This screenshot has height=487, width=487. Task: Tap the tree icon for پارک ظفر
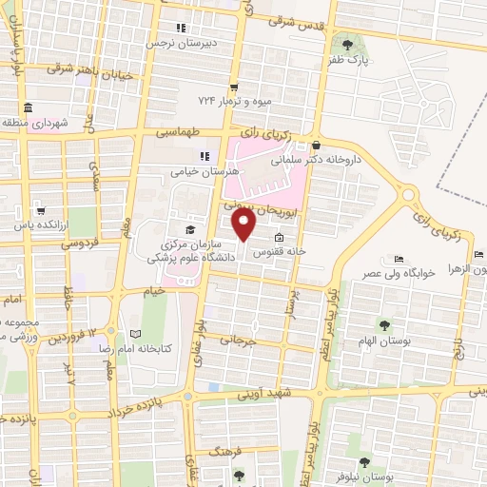coord(347,44)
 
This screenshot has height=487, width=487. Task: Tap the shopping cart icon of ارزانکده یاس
coord(40,211)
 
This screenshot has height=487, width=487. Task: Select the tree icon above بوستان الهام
coord(383,325)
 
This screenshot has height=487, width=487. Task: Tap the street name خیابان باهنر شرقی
coord(88,69)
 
